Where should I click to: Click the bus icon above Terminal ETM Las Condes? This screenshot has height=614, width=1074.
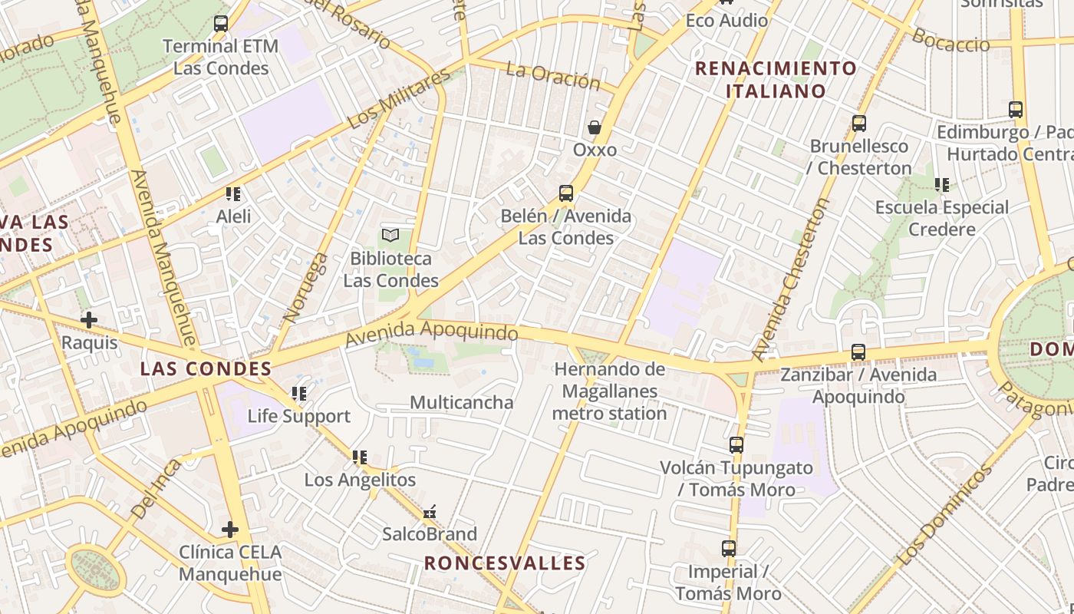tap(221, 24)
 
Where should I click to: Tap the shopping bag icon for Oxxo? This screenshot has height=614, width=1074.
tap(595, 127)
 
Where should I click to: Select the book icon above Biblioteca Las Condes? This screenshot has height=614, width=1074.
tap(390, 235)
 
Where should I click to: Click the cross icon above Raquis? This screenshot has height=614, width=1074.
tap(89, 319)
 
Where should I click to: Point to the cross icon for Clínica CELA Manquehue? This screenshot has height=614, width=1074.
tap(229, 529)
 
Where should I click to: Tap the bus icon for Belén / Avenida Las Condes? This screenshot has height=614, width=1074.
tap(566, 193)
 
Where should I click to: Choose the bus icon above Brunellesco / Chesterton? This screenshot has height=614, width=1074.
tap(859, 123)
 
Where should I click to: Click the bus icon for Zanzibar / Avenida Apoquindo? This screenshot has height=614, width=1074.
tap(858, 352)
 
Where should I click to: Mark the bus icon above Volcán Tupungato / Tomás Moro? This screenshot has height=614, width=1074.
tap(736, 444)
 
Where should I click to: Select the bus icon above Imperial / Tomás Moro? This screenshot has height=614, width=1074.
tap(729, 549)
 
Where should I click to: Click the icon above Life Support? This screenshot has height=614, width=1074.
tap(299, 394)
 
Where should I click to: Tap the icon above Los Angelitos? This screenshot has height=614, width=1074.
tap(359, 457)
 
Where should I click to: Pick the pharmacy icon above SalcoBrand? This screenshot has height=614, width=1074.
tap(430, 512)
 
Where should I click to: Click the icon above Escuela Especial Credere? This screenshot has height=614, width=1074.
tap(942, 185)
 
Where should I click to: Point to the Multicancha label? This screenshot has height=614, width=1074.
tap(462, 402)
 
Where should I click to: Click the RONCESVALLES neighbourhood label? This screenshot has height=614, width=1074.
tap(505, 563)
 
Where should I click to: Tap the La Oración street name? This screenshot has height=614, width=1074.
tap(552, 75)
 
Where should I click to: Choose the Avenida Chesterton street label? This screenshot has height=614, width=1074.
tap(791, 279)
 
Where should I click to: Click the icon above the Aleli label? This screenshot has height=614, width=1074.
tap(233, 193)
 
